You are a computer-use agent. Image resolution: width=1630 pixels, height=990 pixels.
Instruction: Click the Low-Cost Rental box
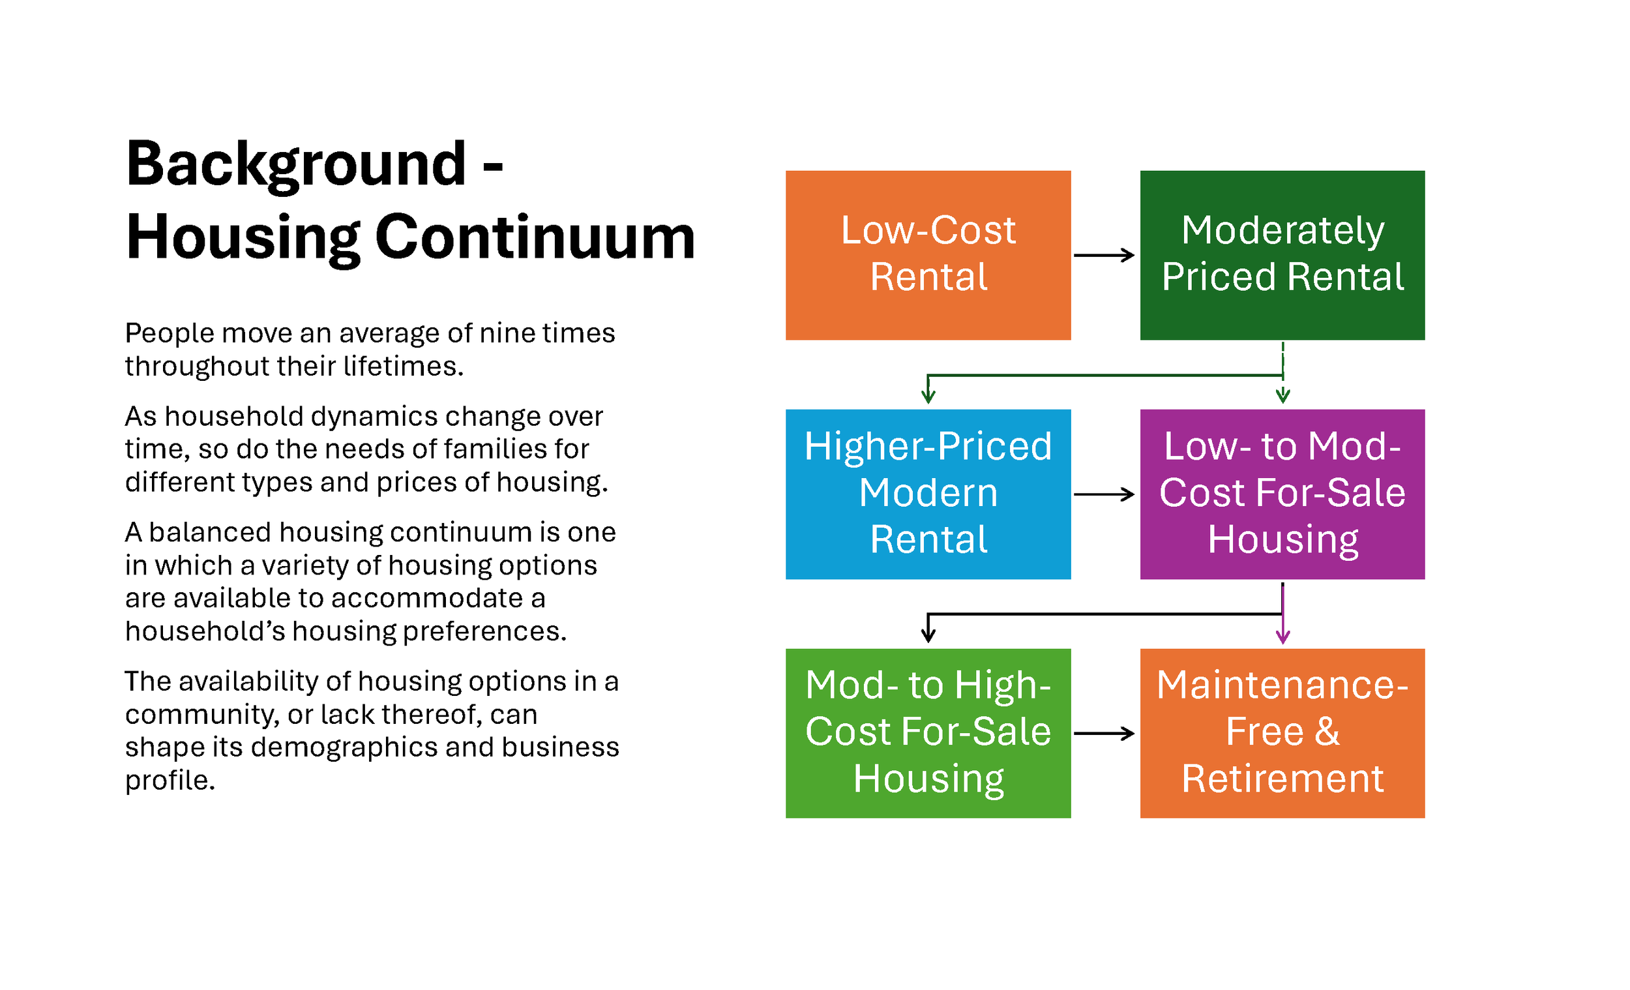point(928,255)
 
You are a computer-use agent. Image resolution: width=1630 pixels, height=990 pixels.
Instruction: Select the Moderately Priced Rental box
point(1282,255)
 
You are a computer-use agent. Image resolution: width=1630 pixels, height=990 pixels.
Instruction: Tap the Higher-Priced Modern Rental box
point(928,494)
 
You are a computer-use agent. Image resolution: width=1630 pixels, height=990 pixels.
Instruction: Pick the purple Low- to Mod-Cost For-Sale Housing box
point(1282,494)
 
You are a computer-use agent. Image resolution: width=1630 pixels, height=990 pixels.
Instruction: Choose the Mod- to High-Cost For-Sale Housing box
point(928,733)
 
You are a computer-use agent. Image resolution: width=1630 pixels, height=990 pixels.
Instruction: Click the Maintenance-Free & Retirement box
point(1282,733)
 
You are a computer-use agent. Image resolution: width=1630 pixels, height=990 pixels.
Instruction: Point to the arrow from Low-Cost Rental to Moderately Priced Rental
point(1104,255)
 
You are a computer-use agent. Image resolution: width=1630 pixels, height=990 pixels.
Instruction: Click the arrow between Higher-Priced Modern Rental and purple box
point(1104,494)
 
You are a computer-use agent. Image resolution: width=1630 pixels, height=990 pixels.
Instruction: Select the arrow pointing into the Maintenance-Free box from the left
point(1104,733)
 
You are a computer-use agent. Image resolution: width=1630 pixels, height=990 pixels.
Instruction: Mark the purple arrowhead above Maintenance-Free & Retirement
point(1282,637)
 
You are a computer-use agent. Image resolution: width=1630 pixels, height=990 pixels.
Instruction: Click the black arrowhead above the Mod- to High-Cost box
point(928,636)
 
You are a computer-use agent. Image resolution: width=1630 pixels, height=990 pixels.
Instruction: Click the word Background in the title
point(296,165)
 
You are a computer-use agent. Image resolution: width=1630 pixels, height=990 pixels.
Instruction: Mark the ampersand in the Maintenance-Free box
point(1327,732)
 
